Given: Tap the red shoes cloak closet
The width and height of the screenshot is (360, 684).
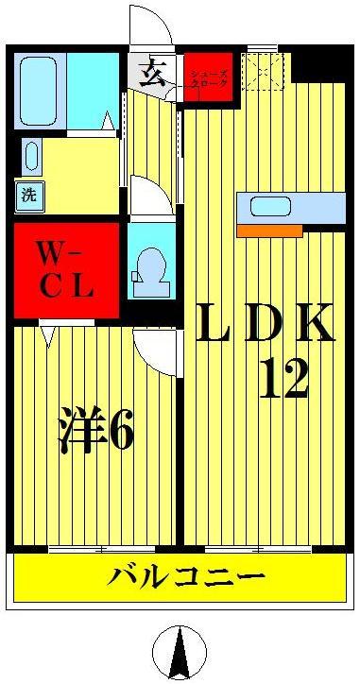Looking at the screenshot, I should [208, 79].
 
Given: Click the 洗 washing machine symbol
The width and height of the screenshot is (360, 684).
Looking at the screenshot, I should [28, 197].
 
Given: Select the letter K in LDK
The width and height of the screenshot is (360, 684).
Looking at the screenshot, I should [312, 324].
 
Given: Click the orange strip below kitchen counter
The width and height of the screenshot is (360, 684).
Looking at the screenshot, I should [268, 230].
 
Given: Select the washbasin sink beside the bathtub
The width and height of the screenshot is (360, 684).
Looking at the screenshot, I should [30, 157].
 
